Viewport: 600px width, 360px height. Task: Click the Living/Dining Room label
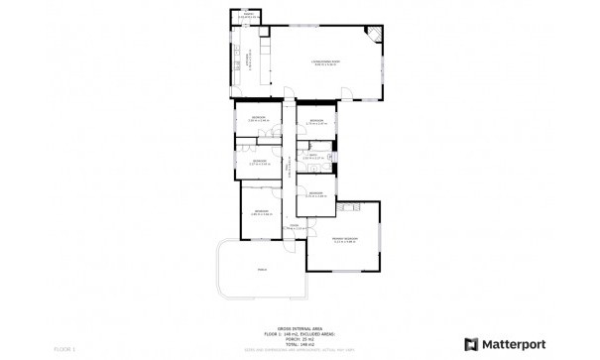[x=327, y=62]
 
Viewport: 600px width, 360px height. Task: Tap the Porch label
[x=262, y=269]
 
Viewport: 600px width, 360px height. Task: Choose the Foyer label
[x=294, y=227]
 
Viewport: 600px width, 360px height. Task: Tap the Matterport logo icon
[x=471, y=344]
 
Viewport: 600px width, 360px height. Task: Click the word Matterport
[x=514, y=344]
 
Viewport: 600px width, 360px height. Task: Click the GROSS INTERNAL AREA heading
[x=299, y=327]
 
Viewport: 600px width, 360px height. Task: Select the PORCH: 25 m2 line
[x=299, y=338]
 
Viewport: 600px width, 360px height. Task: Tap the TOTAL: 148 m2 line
[x=299, y=343]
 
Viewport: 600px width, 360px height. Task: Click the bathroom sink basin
[x=331, y=156]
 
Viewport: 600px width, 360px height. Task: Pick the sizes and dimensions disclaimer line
[x=299, y=349]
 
